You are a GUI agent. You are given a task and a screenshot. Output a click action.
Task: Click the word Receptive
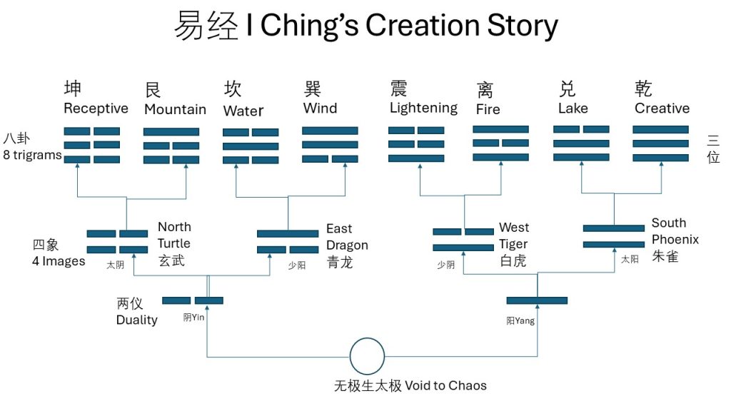[96, 108]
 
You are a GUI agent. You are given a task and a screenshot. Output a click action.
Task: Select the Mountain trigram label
[175, 109]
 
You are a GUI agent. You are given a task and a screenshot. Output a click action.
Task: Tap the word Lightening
[423, 108]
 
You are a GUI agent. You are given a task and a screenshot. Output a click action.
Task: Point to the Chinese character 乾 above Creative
[643, 88]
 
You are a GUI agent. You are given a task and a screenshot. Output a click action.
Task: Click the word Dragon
[347, 245]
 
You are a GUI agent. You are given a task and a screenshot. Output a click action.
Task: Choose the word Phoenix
[675, 239]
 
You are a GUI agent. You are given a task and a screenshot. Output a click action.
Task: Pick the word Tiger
[513, 244]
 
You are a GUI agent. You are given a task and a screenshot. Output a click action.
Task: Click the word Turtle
[174, 243]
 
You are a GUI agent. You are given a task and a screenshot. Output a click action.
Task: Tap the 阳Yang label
[520, 321]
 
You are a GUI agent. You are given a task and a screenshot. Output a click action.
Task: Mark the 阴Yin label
[193, 318]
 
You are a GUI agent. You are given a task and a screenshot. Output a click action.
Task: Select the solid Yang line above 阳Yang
[537, 300]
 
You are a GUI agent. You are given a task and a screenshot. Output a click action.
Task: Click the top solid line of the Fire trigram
[500, 129]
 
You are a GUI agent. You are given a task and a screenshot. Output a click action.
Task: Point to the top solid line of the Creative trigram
[660, 130]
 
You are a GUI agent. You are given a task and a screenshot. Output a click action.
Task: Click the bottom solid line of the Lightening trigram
[416, 158]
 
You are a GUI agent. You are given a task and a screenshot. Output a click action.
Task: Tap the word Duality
[136, 320]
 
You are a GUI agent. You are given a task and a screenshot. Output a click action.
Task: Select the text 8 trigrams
[32, 154]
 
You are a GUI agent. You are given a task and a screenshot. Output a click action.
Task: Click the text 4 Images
[59, 261]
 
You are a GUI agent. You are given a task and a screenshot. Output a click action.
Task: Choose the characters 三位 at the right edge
[713, 149]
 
